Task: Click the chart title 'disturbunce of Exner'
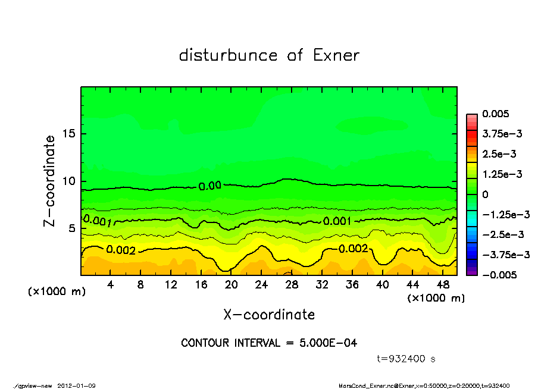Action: (269, 55)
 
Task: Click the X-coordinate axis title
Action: (269, 314)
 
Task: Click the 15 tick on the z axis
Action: (69, 134)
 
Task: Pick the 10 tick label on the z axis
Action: (69, 181)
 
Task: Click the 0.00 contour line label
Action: (210, 186)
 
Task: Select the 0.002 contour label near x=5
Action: (121, 250)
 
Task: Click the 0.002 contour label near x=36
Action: (353, 249)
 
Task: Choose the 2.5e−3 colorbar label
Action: (500, 154)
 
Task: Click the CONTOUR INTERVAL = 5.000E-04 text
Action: (269, 343)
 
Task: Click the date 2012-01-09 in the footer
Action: (77, 385)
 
